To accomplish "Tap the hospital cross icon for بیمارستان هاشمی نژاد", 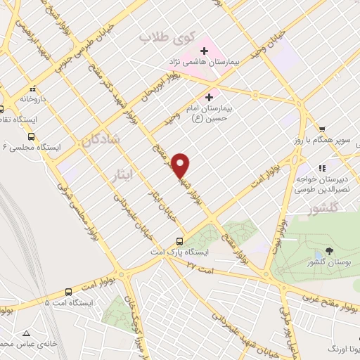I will point(205,51).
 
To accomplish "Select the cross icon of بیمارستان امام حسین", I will point(208,96).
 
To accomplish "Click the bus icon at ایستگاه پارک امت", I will point(181,240).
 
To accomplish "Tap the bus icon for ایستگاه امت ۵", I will point(68,292).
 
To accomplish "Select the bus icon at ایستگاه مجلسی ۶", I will point(31,136).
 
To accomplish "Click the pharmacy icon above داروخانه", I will point(32,89).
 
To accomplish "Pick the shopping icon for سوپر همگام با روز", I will point(322,129).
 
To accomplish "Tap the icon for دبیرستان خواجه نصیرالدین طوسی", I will point(322,168).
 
